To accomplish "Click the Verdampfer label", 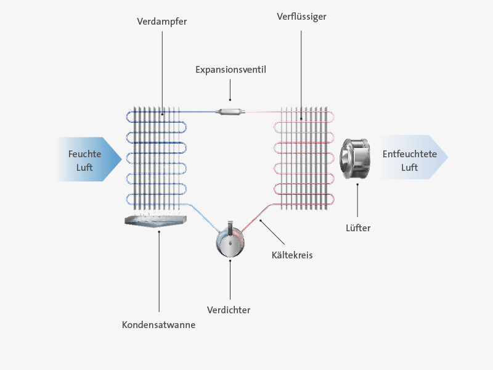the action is pos(162,22).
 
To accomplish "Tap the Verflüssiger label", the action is pos(301,17).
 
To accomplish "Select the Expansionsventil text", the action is pos(230,70).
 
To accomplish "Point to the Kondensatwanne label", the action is pos(159,325).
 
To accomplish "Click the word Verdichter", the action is pos(229,310).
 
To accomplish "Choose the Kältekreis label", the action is pos(292,255).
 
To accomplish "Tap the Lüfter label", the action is pos(358,228).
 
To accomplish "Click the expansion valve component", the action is pos(230,112).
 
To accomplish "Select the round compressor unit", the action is pos(230,242).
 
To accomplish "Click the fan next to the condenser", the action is pos(355,158).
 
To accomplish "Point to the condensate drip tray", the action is pos(156,221).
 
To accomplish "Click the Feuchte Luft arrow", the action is pos(89,159).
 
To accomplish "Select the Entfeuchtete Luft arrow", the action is pos(413,157).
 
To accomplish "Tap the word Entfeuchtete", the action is pos(410,154).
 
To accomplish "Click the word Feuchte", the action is pos(84,154).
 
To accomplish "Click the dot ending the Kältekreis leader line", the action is pos(260,221).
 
